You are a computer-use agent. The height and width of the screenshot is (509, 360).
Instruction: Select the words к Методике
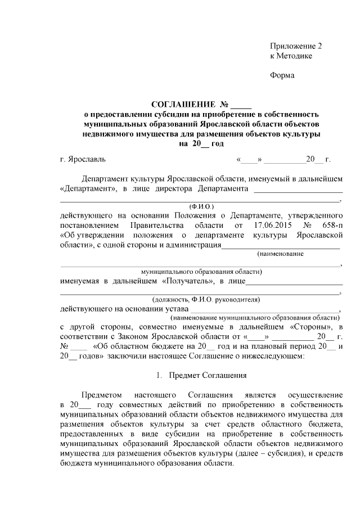click(x=291, y=56)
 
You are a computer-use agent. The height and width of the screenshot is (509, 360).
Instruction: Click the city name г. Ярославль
click(x=82, y=160)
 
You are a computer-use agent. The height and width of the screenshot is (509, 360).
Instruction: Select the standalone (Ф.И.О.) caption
click(x=199, y=206)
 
